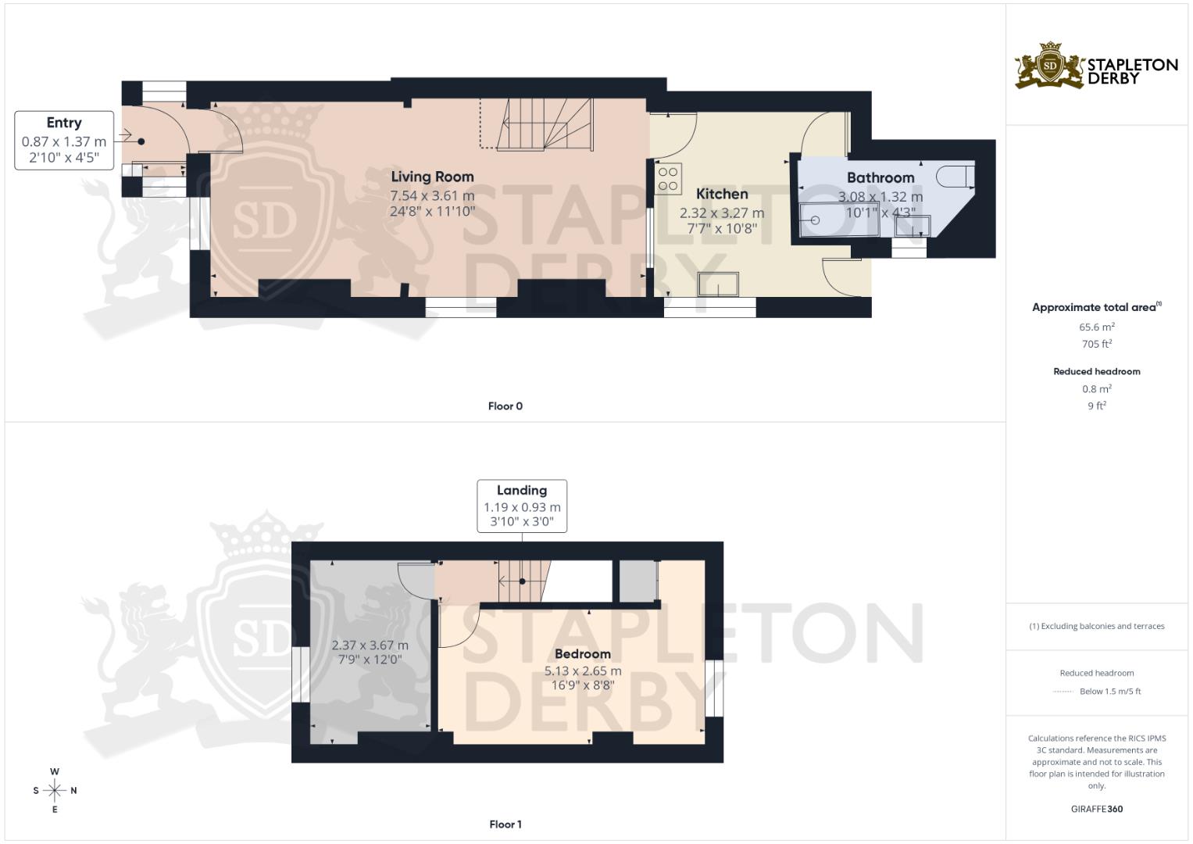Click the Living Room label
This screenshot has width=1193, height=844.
(432, 177)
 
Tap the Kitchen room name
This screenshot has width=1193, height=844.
(722, 194)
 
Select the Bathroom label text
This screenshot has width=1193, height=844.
(880, 177)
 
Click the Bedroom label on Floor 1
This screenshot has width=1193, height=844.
(583, 654)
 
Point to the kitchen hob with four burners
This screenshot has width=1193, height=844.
(669, 177)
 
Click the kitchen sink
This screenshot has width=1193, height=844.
(718, 284)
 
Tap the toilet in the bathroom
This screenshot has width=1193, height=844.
(955, 177)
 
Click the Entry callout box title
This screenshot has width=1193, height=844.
(64, 123)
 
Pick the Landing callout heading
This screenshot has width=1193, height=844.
(522, 490)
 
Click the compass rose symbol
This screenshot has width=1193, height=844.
(55, 791)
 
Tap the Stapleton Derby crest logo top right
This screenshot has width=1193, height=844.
(1049, 66)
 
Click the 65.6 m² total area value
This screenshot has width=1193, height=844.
(1097, 327)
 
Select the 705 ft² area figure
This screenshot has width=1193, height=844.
(1097, 344)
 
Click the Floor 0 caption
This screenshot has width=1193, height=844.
(505, 406)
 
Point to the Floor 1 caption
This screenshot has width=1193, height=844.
(505, 824)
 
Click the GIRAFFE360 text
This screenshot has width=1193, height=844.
(1097, 809)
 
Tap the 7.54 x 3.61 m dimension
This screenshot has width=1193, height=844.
(432, 195)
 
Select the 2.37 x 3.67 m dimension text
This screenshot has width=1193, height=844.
(370, 646)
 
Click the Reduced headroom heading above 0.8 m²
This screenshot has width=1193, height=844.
(1097, 371)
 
